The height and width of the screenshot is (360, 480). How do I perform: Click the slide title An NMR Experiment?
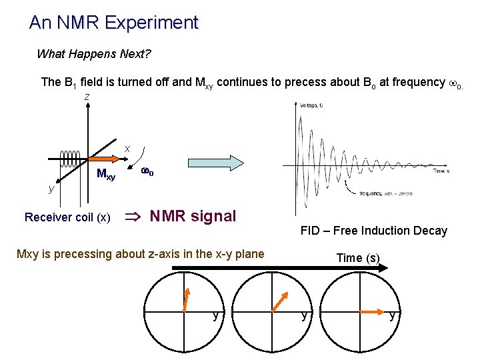(113, 23)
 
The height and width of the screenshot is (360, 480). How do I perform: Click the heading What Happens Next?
(93, 54)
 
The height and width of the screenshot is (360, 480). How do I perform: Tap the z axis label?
(87, 97)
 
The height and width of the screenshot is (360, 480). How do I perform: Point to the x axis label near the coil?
(127, 147)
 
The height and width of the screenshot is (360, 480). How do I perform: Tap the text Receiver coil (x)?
(67, 217)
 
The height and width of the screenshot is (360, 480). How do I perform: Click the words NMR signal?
(193, 216)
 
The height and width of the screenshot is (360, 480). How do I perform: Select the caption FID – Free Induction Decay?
(373, 231)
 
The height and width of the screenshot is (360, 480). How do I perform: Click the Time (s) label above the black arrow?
(358, 258)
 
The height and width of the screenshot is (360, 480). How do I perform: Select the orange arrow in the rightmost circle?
(372, 311)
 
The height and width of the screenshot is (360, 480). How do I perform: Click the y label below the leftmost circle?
(215, 315)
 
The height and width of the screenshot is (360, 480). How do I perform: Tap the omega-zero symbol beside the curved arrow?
(147, 173)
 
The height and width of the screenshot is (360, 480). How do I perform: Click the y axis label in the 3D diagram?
(51, 189)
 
